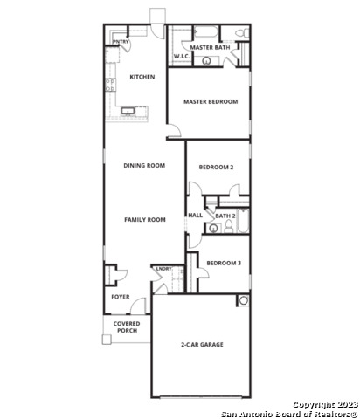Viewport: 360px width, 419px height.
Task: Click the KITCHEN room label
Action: (142, 77)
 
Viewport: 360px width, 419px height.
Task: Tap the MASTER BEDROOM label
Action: (211, 101)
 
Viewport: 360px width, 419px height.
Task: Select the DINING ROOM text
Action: (144, 165)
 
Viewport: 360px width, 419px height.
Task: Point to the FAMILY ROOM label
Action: (145, 220)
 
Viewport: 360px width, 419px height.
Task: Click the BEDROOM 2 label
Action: (216, 167)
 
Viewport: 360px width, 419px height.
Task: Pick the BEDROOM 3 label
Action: (224, 263)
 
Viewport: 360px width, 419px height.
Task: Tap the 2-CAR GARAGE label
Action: (202, 345)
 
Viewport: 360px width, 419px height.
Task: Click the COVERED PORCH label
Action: (127, 327)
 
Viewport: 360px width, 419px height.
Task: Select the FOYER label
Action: (121, 297)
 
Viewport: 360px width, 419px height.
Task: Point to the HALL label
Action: (195, 216)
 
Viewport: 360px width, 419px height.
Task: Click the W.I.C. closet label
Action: (182, 56)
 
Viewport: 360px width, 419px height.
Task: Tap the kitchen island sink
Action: (128, 111)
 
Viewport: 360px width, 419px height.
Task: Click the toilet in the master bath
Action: (242, 33)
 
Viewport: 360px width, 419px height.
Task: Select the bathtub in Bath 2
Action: (243, 221)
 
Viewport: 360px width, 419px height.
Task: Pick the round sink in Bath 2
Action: (214, 228)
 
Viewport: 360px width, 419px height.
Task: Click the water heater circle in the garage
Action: (244, 300)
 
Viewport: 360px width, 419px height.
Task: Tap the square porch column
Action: (107, 340)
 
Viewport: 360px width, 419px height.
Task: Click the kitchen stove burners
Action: (110, 85)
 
